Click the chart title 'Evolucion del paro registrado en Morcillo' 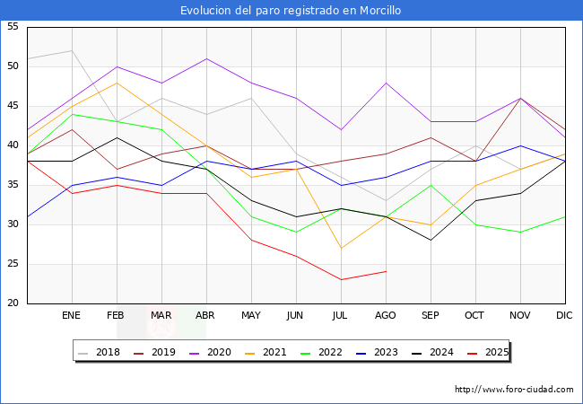click(x=291, y=11)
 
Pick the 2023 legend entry click(x=379, y=352)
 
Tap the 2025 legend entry click(x=489, y=352)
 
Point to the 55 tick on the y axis click(x=13, y=27)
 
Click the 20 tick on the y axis click(x=13, y=303)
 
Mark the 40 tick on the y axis click(x=13, y=145)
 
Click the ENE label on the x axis click(x=72, y=316)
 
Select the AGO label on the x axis click(x=386, y=316)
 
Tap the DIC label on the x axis click(x=565, y=316)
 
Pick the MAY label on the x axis click(x=251, y=316)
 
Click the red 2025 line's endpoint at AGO click(x=386, y=271)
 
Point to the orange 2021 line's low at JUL click(x=341, y=248)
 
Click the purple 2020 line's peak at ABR click(x=207, y=59)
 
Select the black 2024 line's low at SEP click(x=431, y=240)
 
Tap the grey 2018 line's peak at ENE click(x=72, y=50)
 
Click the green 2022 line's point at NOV click(x=520, y=232)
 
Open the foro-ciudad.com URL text click(x=514, y=390)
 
